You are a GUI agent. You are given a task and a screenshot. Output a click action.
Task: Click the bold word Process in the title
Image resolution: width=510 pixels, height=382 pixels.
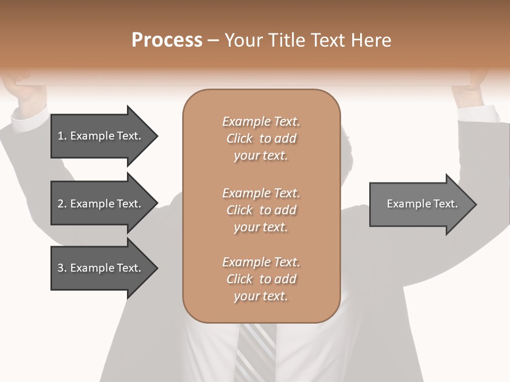(167, 40)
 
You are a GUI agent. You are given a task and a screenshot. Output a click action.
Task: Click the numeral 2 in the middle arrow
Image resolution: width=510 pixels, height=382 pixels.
(61, 204)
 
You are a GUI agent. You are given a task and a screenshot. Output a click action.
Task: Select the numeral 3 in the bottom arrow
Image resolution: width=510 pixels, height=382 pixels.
(61, 268)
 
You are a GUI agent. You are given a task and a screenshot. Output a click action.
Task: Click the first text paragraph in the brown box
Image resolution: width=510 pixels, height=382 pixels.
(261, 138)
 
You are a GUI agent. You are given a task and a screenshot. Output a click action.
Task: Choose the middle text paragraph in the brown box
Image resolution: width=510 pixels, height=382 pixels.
(261, 210)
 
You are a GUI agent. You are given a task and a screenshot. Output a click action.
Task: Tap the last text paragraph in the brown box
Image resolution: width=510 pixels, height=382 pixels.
(261, 279)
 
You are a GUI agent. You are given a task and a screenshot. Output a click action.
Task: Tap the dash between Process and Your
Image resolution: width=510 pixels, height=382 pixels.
(213, 40)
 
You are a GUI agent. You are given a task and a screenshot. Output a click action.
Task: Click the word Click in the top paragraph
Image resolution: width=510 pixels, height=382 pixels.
(240, 138)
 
